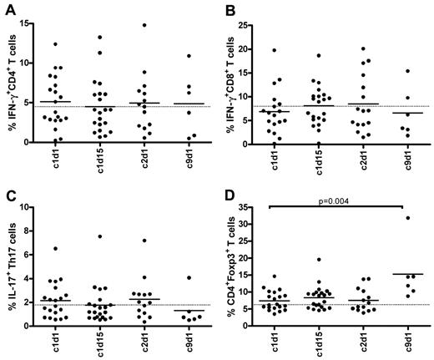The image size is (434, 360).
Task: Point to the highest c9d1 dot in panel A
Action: coord(190,56)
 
